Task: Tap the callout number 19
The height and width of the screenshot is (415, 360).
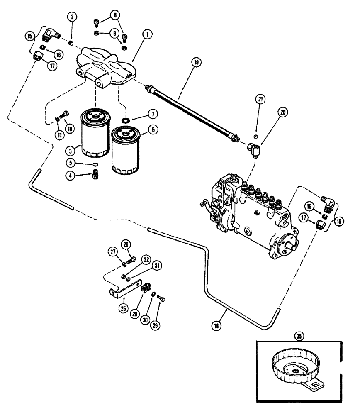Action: click(196, 62)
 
